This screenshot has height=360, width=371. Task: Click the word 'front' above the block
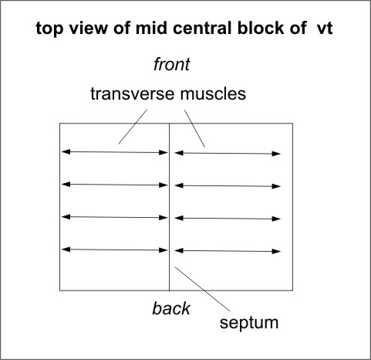(x=172, y=64)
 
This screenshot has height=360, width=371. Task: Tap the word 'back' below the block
(x=171, y=308)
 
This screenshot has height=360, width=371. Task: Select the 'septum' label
(x=249, y=323)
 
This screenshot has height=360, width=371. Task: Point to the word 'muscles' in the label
(x=213, y=93)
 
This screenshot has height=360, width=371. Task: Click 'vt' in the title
(x=325, y=28)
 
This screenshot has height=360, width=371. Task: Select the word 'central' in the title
(x=203, y=28)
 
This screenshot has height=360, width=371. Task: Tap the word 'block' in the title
(x=260, y=28)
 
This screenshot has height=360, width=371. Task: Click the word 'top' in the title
(x=49, y=29)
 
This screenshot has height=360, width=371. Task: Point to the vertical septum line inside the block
(x=169, y=207)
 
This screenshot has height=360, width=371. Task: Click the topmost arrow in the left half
(x=115, y=152)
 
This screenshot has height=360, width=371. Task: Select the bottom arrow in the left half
(x=115, y=250)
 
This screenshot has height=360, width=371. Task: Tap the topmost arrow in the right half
(x=228, y=154)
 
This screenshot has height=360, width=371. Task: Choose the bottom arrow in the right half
(x=228, y=251)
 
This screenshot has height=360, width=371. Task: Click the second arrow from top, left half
(x=115, y=185)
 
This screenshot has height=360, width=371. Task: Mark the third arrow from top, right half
(x=228, y=219)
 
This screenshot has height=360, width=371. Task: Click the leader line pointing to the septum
(x=202, y=289)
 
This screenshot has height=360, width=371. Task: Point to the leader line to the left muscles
(x=133, y=127)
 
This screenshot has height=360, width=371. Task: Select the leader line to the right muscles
(x=194, y=128)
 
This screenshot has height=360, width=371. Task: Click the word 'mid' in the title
(x=151, y=28)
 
